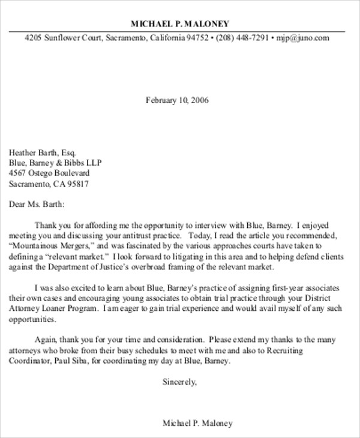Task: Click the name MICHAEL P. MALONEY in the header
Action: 179,24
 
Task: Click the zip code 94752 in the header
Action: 197,37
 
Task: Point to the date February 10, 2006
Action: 177,100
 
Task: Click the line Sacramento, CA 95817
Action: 49,184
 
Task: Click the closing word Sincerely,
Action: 179,382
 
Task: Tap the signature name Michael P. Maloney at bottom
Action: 197,423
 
